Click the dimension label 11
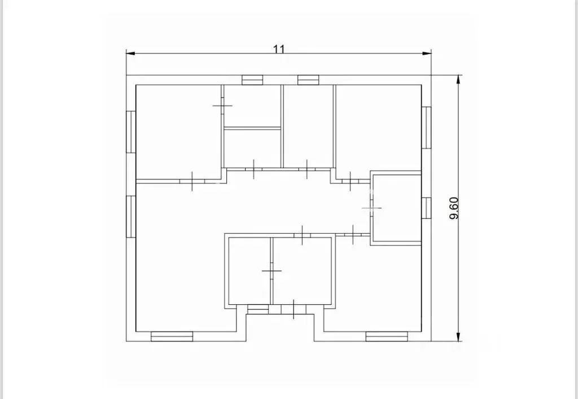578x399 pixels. click(279, 49)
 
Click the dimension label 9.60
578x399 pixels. click(454, 208)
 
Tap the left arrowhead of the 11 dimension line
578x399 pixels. click(130, 54)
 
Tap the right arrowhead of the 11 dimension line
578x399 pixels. click(427, 54)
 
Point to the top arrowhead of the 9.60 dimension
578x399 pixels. click(458, 80)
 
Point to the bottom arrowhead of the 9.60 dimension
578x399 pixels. click(458, 336)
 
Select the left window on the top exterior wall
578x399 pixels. click(252, 80)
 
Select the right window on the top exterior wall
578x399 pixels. click(308, 80)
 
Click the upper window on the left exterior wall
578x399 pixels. click(131, 132)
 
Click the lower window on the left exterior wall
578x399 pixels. click(131, 217)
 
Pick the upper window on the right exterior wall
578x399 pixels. click(427, 128)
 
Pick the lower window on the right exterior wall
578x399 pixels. click(427, 208)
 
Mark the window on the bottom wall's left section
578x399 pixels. click(172, 336)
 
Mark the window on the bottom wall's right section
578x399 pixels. click(387, 336)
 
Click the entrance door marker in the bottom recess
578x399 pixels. click(294, 309)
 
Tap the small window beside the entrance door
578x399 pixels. click(257, 309)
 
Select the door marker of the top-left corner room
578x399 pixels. click(192, 181)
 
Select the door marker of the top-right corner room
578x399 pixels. click(350, 181)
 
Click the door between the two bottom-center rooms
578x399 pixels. click(272, 271)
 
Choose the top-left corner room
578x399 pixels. click(178, 132)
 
